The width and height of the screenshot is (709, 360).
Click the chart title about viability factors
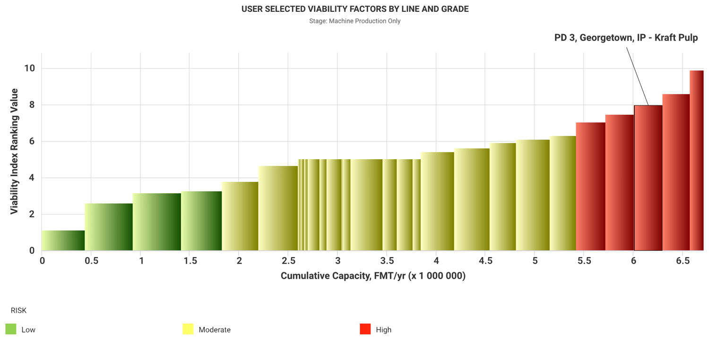(354, 9)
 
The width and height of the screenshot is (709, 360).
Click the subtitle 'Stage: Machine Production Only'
(354, 21)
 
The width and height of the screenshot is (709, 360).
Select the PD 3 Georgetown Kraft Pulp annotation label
(626, 38)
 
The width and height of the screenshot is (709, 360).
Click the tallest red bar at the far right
(696, 161)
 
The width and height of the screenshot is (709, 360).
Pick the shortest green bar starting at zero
(63, 240)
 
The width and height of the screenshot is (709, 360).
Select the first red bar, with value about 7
(590, 187)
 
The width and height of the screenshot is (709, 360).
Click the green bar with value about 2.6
(109, 227)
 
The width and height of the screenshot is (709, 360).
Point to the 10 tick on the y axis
(30, 69)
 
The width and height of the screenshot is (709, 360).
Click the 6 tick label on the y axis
(32, 141)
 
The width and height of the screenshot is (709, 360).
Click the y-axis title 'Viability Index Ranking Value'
(15, 151)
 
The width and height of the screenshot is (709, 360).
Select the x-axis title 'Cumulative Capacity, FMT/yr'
(373, 276)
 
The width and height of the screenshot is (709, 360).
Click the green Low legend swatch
(11, 329)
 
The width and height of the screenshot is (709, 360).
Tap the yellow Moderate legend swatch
(188, 329)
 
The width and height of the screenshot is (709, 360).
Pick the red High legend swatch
(365, 329)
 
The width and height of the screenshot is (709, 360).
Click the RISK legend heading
(18, 310)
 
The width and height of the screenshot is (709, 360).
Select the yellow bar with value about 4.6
(278, 208)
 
